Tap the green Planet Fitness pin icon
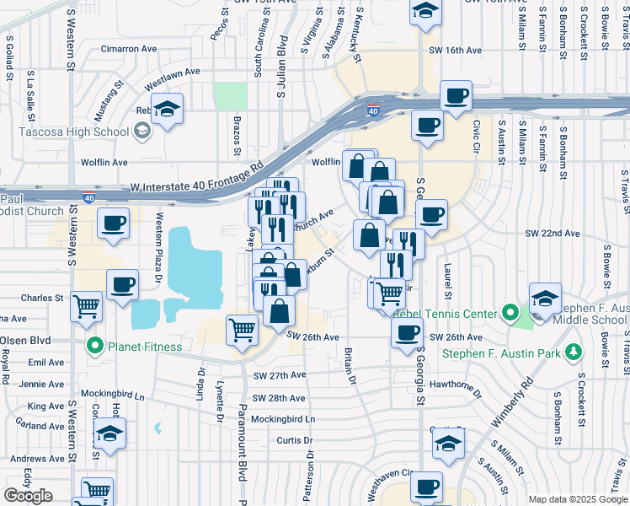tap(95, 346)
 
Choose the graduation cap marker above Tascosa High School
tap(168, 110)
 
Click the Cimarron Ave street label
tap(129, 49)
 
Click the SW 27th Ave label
tap(278, 375)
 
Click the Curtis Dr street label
tap(295, 440)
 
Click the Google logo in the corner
tap(28, 496)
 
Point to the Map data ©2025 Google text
tap(578, 499)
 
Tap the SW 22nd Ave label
tap(553, 233)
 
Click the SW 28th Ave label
tap(278, 397)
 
